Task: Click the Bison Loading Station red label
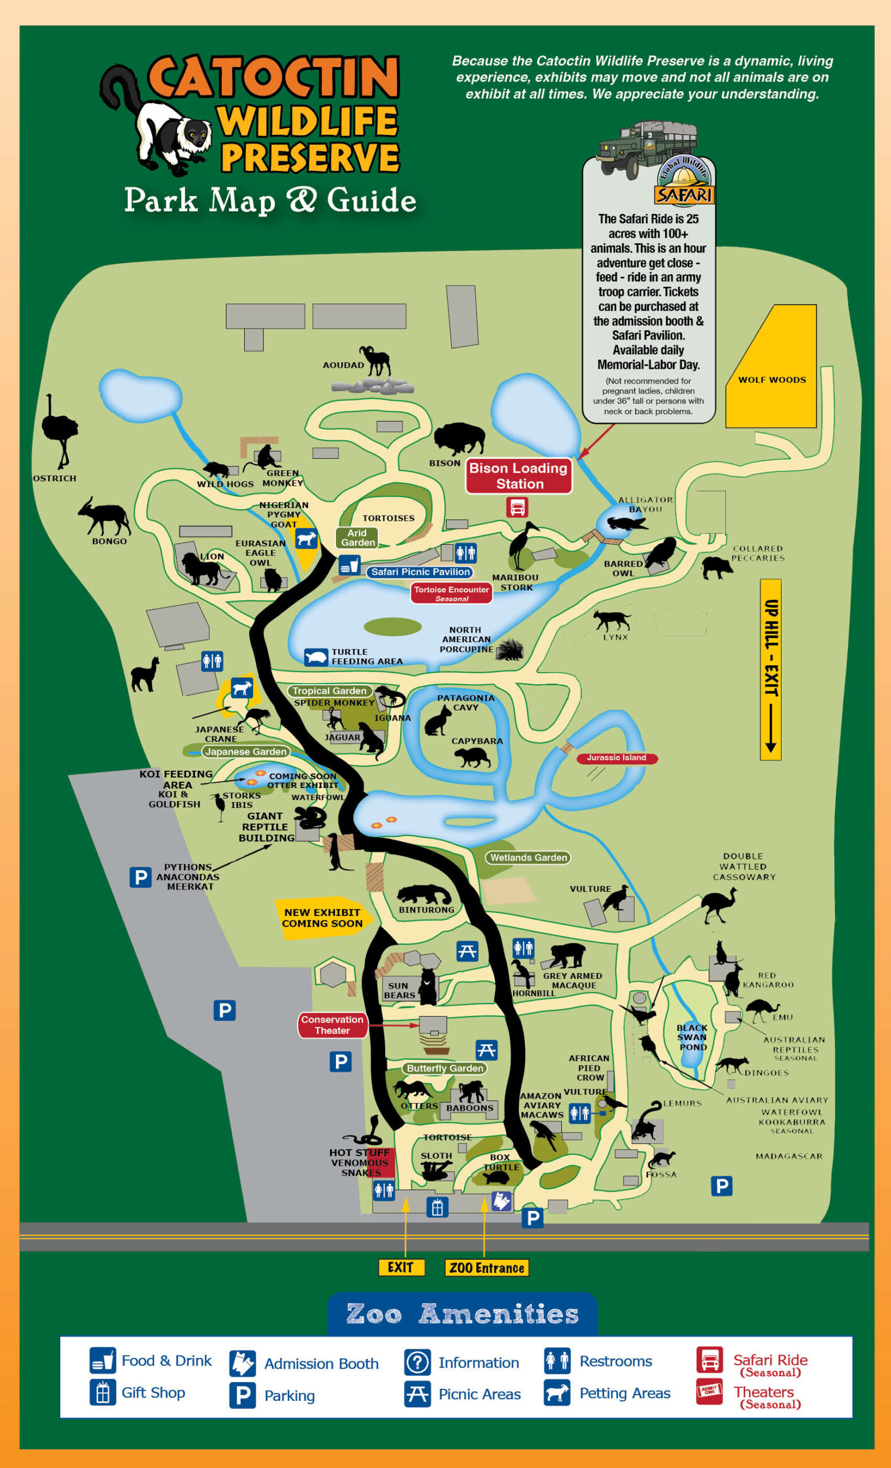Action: click(518, 475)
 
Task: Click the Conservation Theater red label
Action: click(333, 1025)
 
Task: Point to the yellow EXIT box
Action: click(401, 1267)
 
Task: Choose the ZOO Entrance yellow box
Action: click(487, 1267)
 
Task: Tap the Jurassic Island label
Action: click(616, 758)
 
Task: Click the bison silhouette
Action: click(459, 439)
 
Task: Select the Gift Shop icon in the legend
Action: click(103, 1392)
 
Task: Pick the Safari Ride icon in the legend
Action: click(709, 1360)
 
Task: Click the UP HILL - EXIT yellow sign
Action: click(770, 669)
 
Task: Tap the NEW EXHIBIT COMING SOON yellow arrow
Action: click(323, 918)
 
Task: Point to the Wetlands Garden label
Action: click(528, 857)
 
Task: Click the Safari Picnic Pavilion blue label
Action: click(420, 572)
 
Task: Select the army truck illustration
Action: click(646, 146)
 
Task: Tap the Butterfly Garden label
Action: click(445, 1068)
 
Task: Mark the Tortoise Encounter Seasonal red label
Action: click(451, 594)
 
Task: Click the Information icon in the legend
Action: click(417, 1362)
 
